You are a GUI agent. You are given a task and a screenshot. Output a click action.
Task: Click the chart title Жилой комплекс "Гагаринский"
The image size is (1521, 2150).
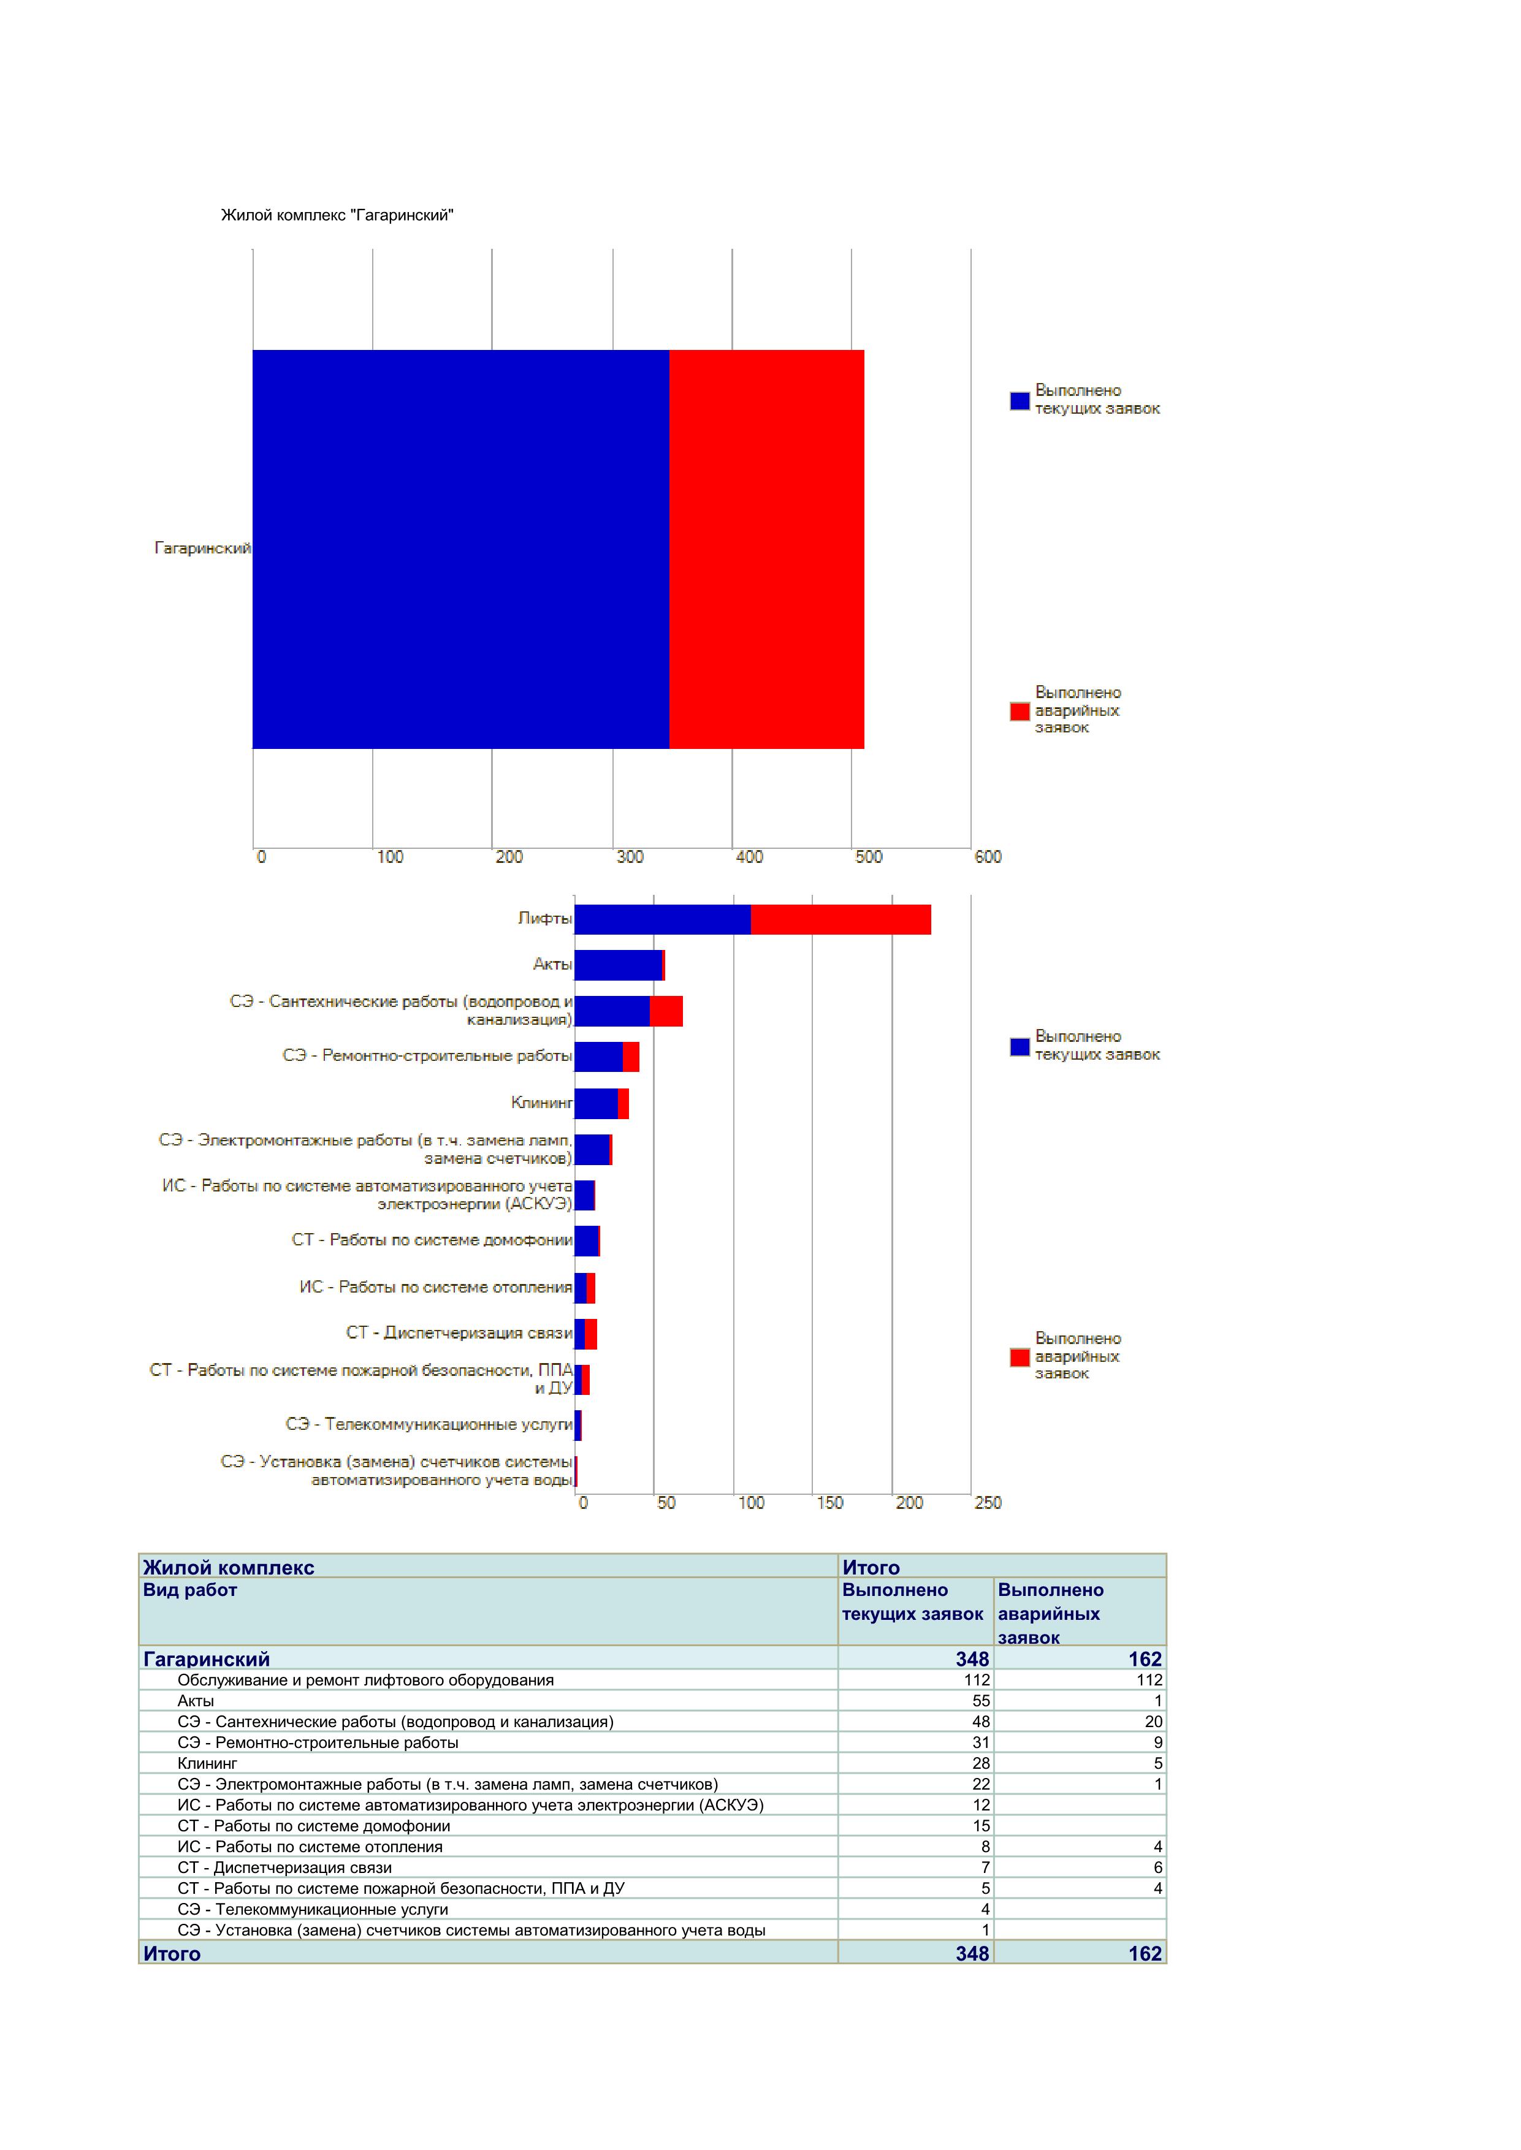pos(337,215)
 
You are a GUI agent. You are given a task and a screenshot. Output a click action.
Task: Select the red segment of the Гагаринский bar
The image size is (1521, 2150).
pos(767,550)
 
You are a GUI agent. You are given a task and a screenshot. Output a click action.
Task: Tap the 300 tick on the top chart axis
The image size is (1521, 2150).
pos(630,857)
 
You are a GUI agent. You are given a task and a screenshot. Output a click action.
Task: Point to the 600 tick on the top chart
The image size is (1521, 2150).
pos(988,857)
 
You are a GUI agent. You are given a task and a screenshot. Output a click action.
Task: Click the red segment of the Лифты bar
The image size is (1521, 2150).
pos(841,919)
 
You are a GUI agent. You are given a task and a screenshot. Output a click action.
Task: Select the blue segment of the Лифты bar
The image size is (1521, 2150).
pos(663,919)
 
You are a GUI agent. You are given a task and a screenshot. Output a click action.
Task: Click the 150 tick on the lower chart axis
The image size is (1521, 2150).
pos(830,1503)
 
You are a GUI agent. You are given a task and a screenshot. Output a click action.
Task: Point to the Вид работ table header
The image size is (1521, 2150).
pos(190,1590)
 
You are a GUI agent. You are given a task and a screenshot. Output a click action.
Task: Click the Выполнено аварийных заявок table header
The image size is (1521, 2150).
pos(1051,1614)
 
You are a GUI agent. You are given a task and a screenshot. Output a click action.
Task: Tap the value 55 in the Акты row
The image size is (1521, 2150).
pos(981,1701)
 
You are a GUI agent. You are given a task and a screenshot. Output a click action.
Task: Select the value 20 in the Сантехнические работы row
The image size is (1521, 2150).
pos(1153,1721)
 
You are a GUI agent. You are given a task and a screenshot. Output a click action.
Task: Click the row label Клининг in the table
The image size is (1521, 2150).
pos(208,1763)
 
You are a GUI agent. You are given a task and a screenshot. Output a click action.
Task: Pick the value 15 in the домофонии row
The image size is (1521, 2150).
pos(981,1826)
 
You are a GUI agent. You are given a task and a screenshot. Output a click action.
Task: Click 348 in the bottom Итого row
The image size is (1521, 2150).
pos(972,1953)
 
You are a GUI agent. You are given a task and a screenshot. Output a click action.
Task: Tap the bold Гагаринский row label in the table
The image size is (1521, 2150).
pos(206,1659)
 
